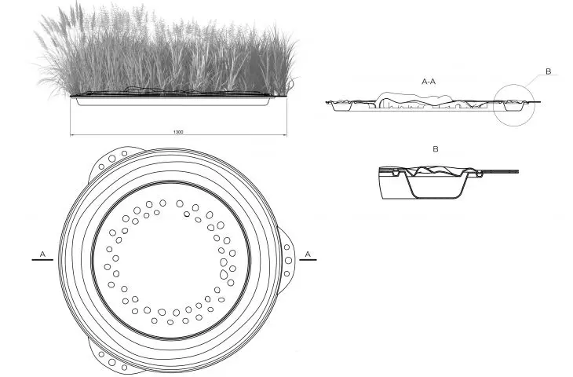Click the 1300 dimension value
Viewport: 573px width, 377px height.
pyautogui.click(x=178, y=132)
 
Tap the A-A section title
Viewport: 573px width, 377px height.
pyautogui.click(x=429, y=82)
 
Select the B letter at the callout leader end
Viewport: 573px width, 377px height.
pyautogui.click(x=548, y=71)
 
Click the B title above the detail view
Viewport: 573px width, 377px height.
pyautogui.click(x=435, y=149)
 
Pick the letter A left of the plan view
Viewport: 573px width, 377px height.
pyautogui.click(x=42, y=254)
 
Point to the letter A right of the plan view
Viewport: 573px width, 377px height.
pyautogui.click(x=308, y=254)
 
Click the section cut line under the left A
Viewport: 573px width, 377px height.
pyautogui.click(x=42, y=260)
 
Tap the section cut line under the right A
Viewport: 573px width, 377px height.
pyautogui.click(x=308, y=260)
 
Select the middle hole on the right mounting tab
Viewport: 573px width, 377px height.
pyautogui.click(x=288, y=260)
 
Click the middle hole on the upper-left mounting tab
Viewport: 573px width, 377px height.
pyautogui.click(x=111, y=159)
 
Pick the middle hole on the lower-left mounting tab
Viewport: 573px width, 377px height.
pyautogui.click(x=111, y=362)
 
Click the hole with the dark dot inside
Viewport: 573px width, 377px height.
pyautogui.click(x=187, y=214)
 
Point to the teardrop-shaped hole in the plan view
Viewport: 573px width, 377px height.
pyautogui.click(x=224, y=274)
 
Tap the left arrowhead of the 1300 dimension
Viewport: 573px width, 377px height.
pyautogui.click(x=72, y=135)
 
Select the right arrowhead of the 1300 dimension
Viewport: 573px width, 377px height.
pyautogui.click(x=285, y=135)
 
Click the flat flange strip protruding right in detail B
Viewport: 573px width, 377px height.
pyautogui.click(x=500, y=171)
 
